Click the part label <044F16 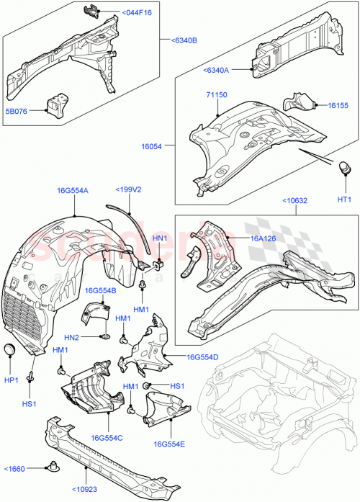point(137,13)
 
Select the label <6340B point(184,40)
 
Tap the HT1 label point(344,200)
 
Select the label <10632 point(295,201)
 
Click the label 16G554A point(73,191)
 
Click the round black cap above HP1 point(9,350)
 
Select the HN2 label point(71,337)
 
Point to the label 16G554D point(202,357)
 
